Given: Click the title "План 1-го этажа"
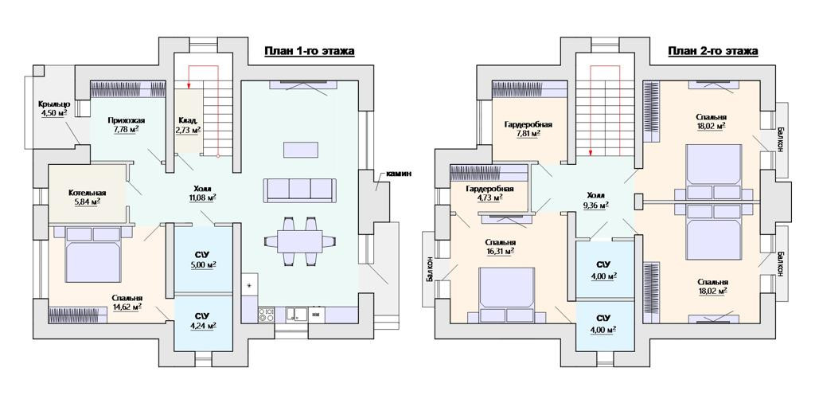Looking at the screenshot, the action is tap(310, 51).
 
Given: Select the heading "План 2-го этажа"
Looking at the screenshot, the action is tap(713, 51).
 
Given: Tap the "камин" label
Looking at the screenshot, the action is tap(399, 174).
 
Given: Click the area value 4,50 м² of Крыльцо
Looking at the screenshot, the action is tap(53, 112).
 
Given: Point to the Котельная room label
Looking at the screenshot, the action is tap(87, 193).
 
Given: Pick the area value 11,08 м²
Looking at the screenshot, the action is tap(202, 198).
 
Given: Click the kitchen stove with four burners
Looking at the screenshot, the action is tap(267, 314).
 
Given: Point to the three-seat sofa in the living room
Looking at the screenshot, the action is tap(299, 190).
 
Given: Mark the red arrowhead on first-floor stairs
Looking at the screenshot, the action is tap(189, 84).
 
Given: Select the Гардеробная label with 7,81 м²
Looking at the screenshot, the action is tap(528, 125).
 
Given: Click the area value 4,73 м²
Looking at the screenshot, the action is tap(489, 198).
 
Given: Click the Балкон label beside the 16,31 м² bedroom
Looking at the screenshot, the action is tap(429, 269).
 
